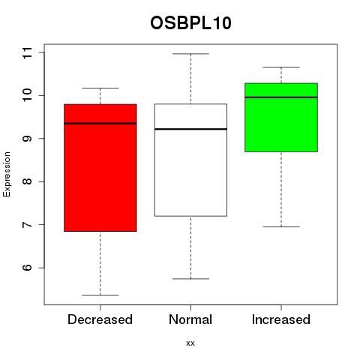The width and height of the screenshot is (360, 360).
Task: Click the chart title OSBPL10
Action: coord(190,23)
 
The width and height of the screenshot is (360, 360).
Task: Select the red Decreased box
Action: coord(100,168)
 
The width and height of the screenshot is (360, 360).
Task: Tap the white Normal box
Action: coord(190,160)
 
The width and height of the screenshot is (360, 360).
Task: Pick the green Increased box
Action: coord(281,118)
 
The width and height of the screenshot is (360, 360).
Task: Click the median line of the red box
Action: coord(100,124)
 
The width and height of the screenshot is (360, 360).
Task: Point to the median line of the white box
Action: coord(190,129)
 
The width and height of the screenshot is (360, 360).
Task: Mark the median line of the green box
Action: coord(281,97)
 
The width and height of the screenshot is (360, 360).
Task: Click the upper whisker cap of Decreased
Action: coord(100,88)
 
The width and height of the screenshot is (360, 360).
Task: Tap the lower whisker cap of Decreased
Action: coord(100,295)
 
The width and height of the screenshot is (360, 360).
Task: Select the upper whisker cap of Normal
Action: coord(190,54)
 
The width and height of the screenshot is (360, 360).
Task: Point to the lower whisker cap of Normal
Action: coord(190,279)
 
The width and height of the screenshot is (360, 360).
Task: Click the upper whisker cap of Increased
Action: coord(281,67)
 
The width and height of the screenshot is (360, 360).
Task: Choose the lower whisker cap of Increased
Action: coord(281,226)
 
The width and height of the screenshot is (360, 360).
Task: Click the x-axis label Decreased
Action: coord(100,319)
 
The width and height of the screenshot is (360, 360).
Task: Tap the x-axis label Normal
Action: coord(190,319)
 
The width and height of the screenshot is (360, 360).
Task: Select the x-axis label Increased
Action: coord(281,319)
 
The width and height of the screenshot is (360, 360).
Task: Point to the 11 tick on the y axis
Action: coord(41,52)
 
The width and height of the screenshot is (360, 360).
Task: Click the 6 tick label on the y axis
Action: coord(27,268)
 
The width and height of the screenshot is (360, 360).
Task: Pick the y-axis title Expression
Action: coord(7,174)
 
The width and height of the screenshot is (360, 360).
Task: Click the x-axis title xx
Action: coord(190,343)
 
